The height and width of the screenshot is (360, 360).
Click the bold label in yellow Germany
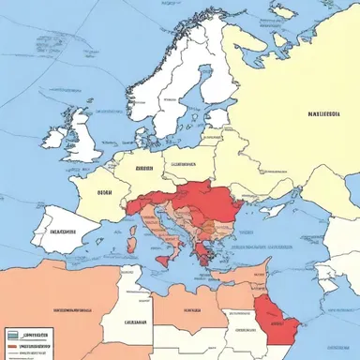click(x=143, y=170)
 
